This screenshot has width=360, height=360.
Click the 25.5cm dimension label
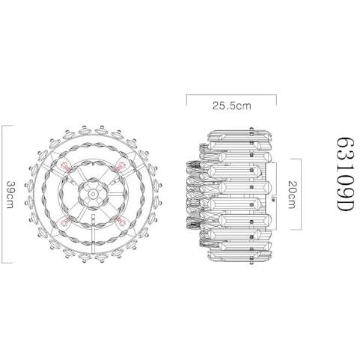[x=232, y=106]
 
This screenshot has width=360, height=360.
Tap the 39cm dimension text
[x=10, y=195]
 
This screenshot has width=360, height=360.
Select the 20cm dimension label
[x=292, y=195]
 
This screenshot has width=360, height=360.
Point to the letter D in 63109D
[x=345, y=204]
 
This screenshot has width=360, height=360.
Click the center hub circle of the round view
[x=93, y=194]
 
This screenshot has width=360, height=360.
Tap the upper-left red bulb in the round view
[x=66, y=167]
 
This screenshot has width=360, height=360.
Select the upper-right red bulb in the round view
[x=120, y=167]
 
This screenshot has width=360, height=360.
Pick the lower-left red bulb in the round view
[x=65, y=222]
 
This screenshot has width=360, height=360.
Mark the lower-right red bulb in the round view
[x=121, y=222]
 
